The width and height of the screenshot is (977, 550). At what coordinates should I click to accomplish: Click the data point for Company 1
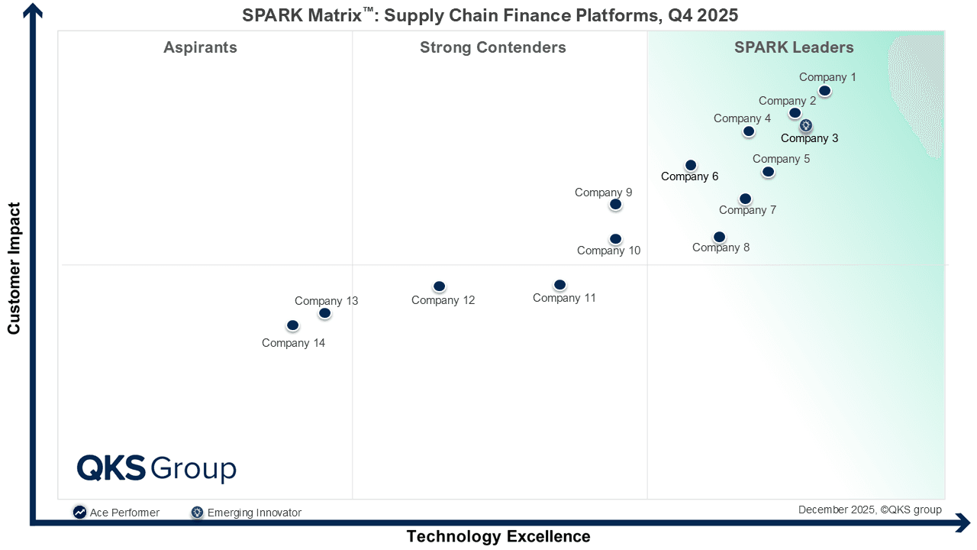824,91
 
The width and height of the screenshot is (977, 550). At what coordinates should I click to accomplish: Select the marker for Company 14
292,325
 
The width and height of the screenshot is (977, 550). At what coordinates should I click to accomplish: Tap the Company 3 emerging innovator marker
806,126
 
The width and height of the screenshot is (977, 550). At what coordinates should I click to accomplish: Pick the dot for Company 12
439,286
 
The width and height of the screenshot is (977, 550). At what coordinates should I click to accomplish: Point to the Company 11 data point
559,285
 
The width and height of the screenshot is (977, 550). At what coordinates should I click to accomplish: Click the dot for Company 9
615,204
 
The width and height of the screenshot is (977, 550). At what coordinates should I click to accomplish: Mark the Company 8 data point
719,237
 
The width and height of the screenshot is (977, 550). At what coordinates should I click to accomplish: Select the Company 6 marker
691,165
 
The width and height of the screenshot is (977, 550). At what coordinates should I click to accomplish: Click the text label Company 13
326,301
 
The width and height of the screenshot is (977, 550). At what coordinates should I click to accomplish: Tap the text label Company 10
608,251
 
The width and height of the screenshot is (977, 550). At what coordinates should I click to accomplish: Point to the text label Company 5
781,159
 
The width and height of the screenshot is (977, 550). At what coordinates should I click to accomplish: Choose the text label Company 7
747,210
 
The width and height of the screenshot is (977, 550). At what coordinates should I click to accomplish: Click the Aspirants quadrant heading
200,47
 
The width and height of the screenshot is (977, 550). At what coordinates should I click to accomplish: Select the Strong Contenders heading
492,47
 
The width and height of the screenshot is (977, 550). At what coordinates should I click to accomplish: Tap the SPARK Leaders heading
794,47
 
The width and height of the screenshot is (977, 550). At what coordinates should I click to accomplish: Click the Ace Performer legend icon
79,513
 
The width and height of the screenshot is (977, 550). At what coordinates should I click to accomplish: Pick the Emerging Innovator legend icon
198,513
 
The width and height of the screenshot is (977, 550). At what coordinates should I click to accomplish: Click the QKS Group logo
156,468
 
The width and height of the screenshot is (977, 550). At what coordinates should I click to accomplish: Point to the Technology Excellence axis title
498,536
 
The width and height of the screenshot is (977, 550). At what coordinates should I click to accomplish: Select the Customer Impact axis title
14,268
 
